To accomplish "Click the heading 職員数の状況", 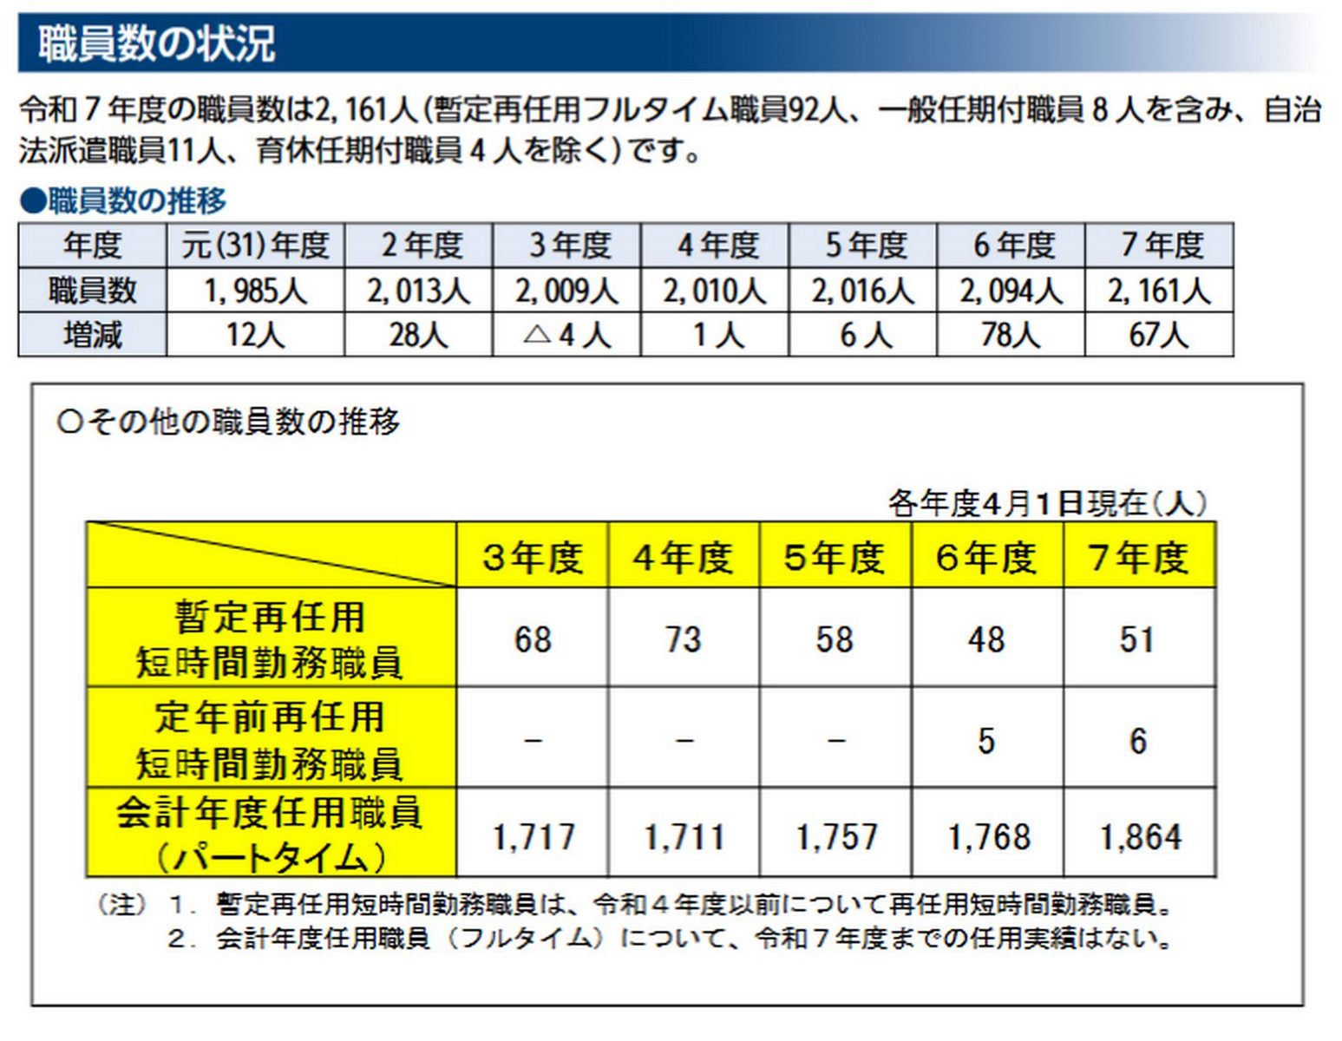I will pyautogui.click(x=157, y=43).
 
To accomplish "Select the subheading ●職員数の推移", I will pyautogui.click(x=123, y=201).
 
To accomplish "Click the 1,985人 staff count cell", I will pyautogui.click(x=255, y=291).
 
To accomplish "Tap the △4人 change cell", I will pyautogui.click(x=566, y=335).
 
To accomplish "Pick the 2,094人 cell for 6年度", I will pyautogui.click(x=1011, y=291).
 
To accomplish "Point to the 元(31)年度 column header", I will pyautogui.click(x=255, y=246).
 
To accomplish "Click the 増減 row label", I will pyautogui.click(x=92, y=335).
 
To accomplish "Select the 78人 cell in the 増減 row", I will pyautogui.click(x=1011, y=335).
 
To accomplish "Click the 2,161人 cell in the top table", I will pyautogui.click(x=1159, y=291).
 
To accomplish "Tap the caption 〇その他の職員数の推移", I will pyautogui.click(x=228, y=422).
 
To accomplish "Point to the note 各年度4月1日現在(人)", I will pyautogui.click(x=1047, y=503).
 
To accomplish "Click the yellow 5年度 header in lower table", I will pyautogui.click(x=835, y=557).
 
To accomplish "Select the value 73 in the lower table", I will pyautogui.click(x=684, y=639).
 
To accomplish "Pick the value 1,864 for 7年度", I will pyautogui.click(x=1140, y=837).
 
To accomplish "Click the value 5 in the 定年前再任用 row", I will pyautogui.click(x=986, y=741).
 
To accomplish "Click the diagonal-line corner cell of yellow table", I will pyautogui.click(x=271, y=555).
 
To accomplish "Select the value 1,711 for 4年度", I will pyautogui.click(x=684, y=837).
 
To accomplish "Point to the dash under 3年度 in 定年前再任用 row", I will pyautogui.click(x=533, y=741).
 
